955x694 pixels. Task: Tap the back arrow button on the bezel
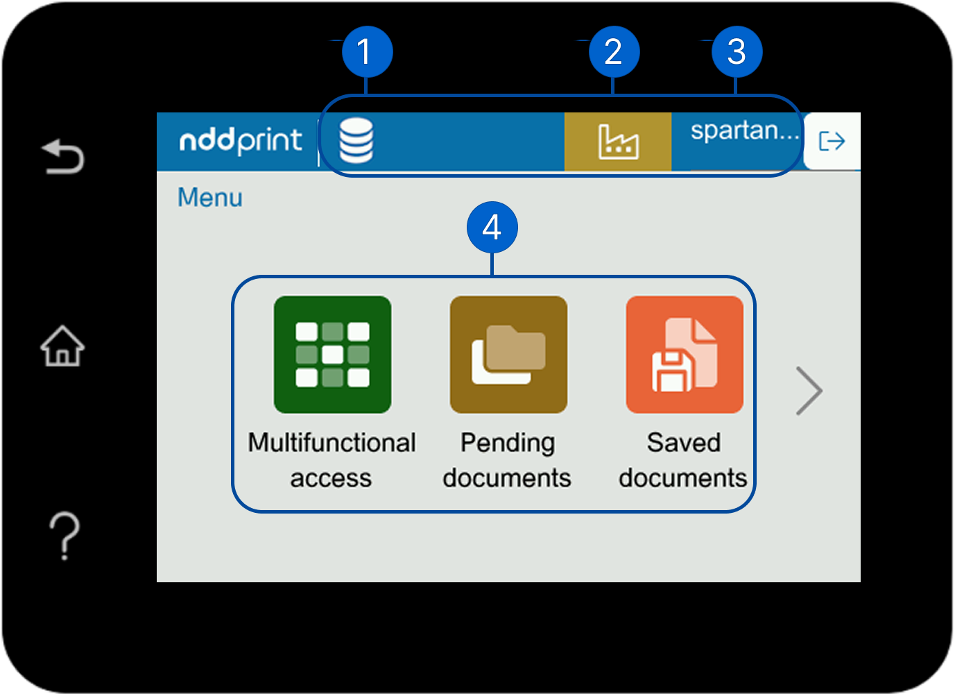pos(62,156)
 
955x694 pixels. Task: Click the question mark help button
pos(64,535)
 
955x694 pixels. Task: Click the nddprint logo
pos(240,141)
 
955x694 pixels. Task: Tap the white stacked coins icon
pos(356,140)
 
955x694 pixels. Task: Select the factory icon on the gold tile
pos(618,142)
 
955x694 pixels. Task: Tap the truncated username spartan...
pos(744,130)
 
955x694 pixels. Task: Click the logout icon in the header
pos(832,142)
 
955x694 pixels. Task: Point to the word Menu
pos(210,198)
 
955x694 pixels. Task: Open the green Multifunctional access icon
pos(332,355)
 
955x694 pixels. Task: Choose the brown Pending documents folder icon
pos(508,355)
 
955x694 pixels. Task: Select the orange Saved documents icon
pos(685,355)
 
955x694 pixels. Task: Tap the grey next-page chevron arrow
pos(809,391)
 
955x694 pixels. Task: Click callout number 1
pos(367,52)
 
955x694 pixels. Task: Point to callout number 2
pos(614,52)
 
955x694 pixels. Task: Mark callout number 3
pos(737,52)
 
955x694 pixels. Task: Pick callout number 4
pos(492,228)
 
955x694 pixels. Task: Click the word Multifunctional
pos(332,443)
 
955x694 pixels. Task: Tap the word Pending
pos(508,443)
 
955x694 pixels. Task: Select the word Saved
pos(684,443)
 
